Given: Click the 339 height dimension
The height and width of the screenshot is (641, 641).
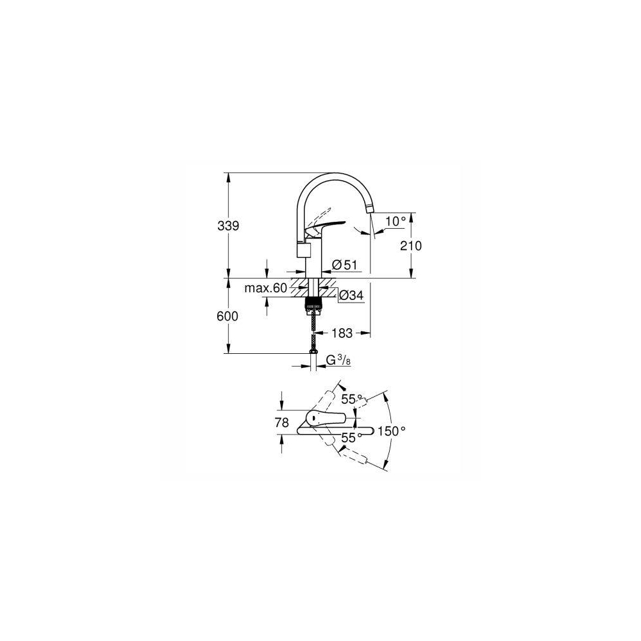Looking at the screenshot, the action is (228, 226).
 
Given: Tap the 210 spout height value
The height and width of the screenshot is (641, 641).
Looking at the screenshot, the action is (411, 246).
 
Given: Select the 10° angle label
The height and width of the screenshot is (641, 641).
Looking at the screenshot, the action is (395, 222).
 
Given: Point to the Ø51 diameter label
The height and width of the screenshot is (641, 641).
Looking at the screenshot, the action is (345, 265).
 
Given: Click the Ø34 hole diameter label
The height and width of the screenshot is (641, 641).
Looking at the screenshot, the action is (351, 295).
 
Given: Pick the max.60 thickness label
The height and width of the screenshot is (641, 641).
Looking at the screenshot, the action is (266, 288).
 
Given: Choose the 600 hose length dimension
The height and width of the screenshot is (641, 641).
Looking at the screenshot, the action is (228, 316).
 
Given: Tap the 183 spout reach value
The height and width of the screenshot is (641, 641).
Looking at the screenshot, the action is (342, 333).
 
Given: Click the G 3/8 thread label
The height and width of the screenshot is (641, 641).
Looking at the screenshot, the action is (338, 360).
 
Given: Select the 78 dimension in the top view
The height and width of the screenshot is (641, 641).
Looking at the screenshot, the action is (281, 422).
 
